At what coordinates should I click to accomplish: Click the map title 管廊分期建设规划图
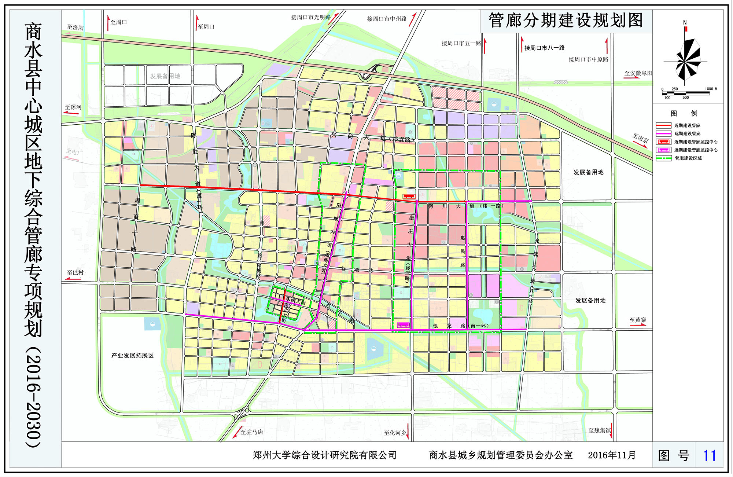click(566, 21)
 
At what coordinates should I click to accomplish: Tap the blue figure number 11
click(709, 455)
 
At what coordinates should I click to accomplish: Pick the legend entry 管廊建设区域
click(688, 158)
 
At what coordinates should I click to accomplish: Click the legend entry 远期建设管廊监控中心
click(695, 150)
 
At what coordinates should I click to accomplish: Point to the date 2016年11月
click(612, 455)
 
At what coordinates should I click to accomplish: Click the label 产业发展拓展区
click(132, 356)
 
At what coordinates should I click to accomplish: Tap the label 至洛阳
click(75, 27)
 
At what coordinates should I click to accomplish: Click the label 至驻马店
click(251, 432)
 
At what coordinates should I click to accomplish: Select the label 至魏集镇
click(600, 430)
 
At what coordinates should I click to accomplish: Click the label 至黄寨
click(638, 320)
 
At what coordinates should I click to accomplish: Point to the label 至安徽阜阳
click(638, 73)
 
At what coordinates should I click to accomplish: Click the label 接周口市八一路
click(544, 48)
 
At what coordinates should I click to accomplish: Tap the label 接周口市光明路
click(311, 17)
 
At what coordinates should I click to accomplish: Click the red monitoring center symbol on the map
click(409, 197)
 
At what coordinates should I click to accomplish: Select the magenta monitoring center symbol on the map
click(403, 325)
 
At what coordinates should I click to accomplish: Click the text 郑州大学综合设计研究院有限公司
click(324, 455)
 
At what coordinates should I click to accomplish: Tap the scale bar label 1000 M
click(711, 89)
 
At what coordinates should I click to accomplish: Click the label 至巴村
click(75, 272)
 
